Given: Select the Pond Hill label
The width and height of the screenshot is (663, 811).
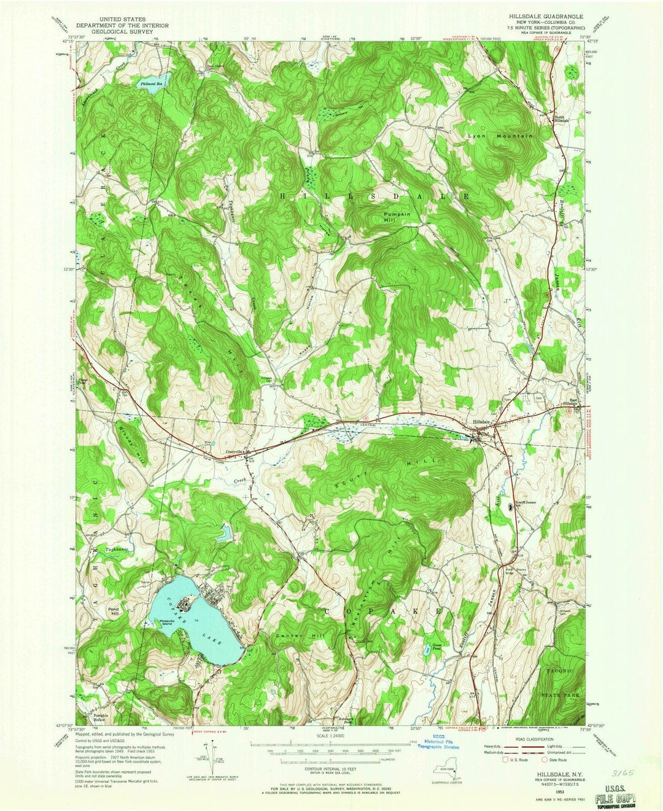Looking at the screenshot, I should (113, 612).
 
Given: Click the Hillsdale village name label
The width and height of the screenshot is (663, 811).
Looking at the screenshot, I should (481, 422).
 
